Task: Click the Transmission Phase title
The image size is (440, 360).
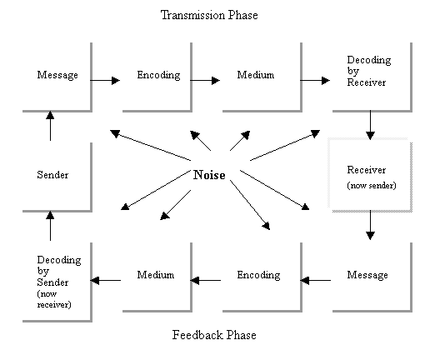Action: point(209,15)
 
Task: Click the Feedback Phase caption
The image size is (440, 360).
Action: point(214,335)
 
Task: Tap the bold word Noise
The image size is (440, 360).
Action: point(209,175)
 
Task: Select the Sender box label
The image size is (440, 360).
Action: point(52,175)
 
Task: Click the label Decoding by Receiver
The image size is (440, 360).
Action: point(369,71)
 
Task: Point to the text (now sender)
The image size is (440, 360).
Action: point(372,186)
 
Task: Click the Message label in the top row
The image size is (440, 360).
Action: point(57,75)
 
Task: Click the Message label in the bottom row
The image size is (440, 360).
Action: point(367,275)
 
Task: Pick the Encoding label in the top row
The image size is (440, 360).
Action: point(158,75)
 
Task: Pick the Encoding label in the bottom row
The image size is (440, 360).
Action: point(258,275)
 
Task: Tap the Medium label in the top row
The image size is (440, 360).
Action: point(256,75)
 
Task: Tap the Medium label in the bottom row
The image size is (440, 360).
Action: point(156,275)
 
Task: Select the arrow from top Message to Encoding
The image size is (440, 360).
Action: point(105,81)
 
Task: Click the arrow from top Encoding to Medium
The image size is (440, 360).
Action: point(205,81)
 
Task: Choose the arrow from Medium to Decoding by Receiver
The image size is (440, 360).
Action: point(315,81)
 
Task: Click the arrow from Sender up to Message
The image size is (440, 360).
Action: point(50,126)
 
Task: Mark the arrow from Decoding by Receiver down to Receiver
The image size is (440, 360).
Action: point(370,125)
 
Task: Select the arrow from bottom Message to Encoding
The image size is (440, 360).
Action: point(315,280)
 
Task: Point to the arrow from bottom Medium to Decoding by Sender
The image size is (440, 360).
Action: point(106,280)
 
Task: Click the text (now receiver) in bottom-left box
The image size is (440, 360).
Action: point(54,299)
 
